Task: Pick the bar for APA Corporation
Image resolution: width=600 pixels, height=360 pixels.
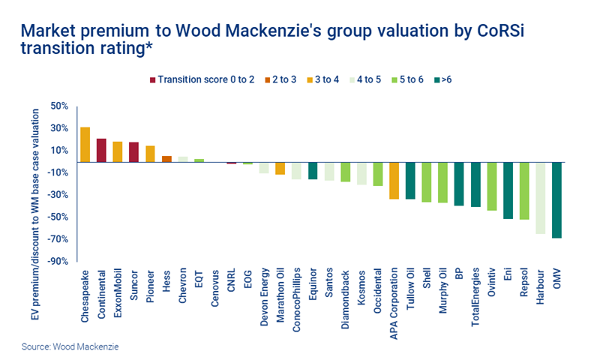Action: pos(394,180)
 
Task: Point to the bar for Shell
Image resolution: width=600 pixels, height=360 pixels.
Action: pos(427,181)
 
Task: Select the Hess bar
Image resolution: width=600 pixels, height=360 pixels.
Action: pos(166,158)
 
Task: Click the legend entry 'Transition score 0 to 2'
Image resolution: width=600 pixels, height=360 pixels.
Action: pos(202,79)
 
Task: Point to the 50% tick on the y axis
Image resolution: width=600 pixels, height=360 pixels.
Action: pos(58,106)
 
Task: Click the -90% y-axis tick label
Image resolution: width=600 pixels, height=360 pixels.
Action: pos(57,261)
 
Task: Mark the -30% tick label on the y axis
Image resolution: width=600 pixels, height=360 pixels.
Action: pos(57,195)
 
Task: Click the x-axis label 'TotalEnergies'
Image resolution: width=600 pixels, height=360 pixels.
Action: pos(475,295)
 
